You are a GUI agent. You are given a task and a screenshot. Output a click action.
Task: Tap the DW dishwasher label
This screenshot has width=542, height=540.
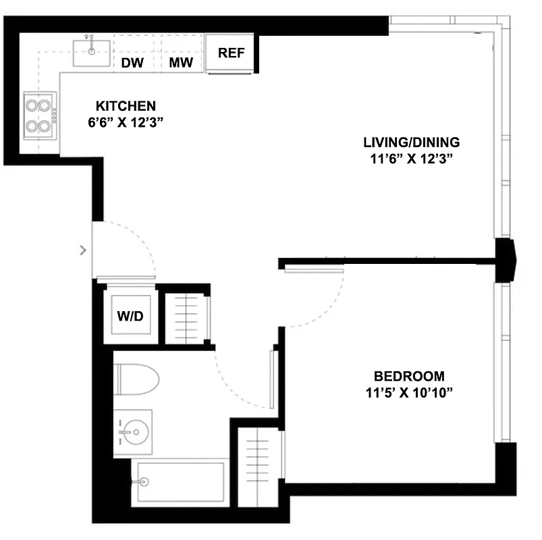[x=132, y=63]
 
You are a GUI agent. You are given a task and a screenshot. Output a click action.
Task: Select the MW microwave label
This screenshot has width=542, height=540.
[x=181, y=63]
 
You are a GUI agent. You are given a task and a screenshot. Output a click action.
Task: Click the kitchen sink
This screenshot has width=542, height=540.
[x=92, y=51]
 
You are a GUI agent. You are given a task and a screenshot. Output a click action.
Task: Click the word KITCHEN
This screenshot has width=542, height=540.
[x=126, y=106]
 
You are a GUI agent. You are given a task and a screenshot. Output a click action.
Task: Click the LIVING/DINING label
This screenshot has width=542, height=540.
[x=411, y=142]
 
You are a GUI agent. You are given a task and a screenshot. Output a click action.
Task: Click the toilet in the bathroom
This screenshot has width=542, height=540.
[x=137, y=380]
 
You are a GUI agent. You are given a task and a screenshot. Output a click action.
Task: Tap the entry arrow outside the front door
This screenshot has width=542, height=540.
[x=83, y=250]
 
